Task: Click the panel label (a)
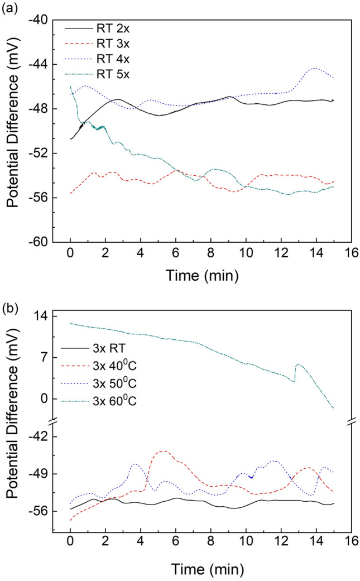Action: [x=9, y=7]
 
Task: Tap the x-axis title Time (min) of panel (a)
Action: [x=201, y=275]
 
